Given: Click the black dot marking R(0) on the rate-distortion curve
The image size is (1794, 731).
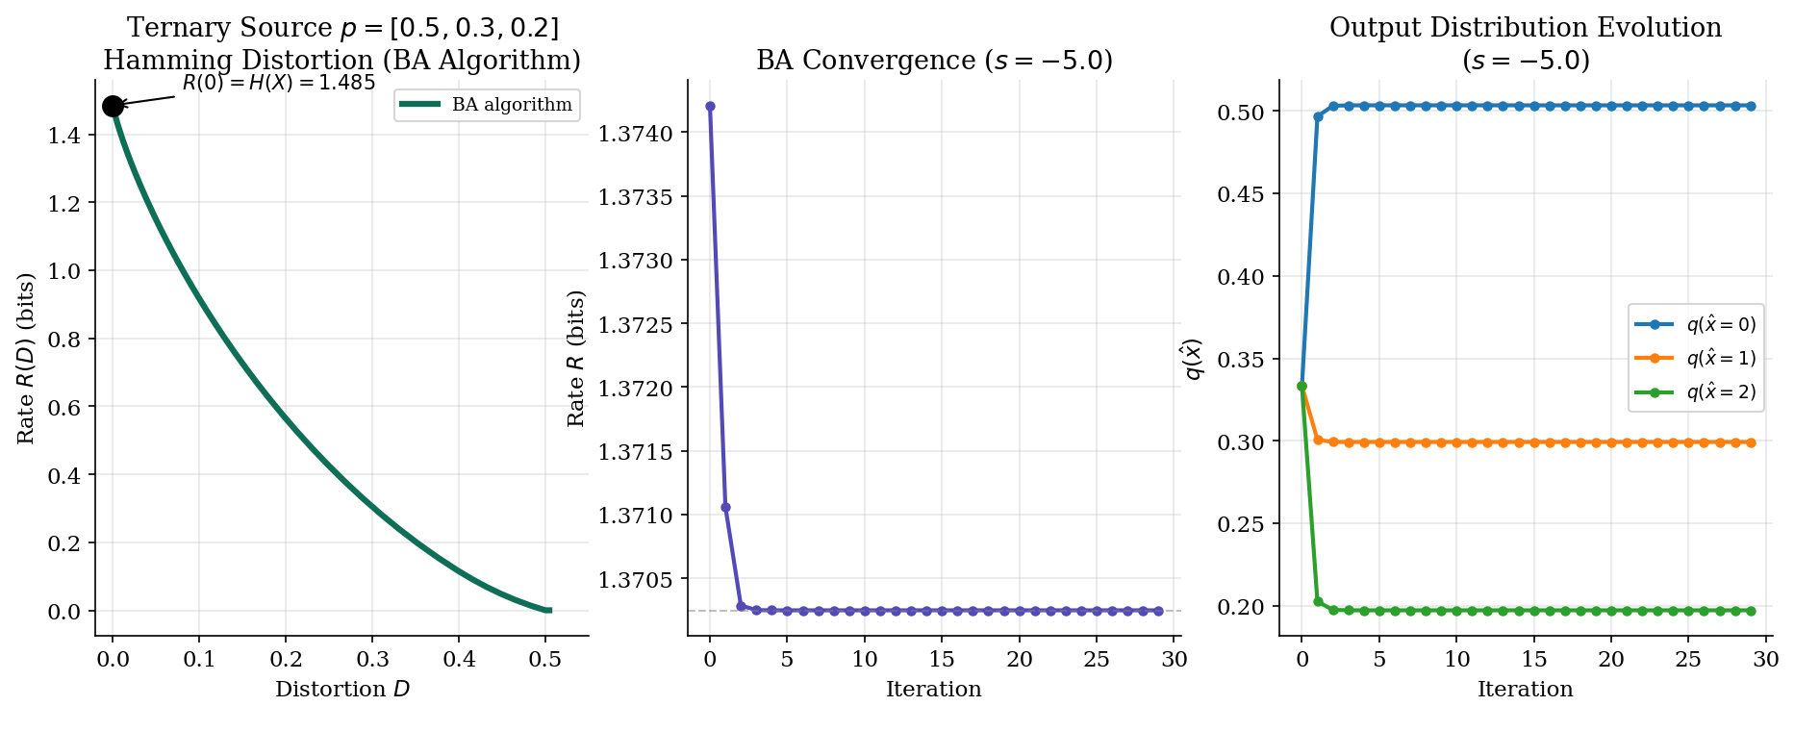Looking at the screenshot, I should click(x=113, y=106).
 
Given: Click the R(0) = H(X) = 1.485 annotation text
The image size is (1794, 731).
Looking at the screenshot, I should click(x=279, y=83).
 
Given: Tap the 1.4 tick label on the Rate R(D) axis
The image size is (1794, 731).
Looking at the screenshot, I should click(x=64, y=135).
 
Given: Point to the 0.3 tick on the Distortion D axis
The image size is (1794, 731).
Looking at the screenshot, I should click(x=372, y=659).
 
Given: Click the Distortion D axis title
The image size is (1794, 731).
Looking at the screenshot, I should click(x=342, y=690).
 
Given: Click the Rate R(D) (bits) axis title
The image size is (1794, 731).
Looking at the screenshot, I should click(x=26, y=359).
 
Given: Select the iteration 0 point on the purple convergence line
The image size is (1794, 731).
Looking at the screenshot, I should click(x=710, y=107).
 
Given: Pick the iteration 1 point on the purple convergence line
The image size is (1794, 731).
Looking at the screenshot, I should click(x=725, y=507).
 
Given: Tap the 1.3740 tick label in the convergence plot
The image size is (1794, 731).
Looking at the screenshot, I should click(x=636, y=133).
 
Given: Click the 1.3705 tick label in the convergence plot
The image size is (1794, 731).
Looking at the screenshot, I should click(x=636, y=580).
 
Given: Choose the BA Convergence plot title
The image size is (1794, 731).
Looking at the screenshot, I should click(x=934, y=61).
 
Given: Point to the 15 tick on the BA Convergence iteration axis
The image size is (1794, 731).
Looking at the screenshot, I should click(x=942, y=659).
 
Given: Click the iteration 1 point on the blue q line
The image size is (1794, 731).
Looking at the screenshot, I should click(x=1318, y=116).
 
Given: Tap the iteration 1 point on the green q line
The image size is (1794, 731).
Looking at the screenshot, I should click(x=1318, y=601).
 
